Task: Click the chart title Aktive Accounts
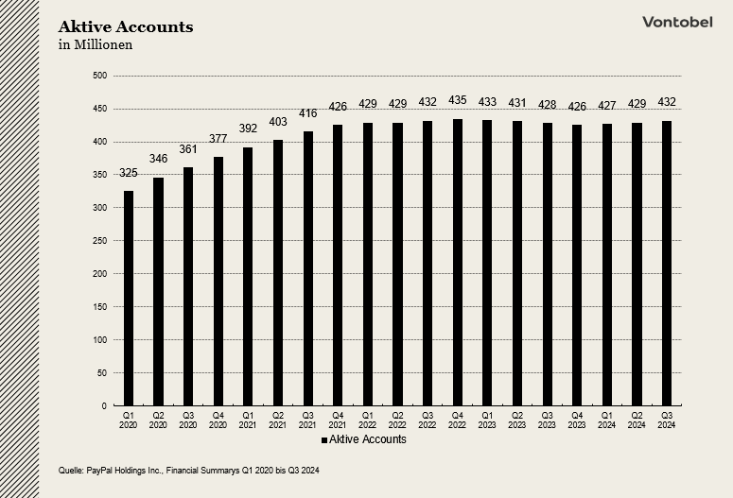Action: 126,26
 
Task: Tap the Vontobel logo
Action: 676,22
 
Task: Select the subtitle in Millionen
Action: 96,44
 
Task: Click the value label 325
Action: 128,173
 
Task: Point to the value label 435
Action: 458,100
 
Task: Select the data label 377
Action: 218,139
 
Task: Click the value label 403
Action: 278,122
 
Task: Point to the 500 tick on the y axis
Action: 100,76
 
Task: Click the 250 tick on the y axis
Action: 100,241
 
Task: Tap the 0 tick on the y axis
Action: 105,405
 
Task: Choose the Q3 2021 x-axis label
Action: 307,421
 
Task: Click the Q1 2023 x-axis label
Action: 487,421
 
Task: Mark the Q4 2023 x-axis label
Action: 577,421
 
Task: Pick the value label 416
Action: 307,113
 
